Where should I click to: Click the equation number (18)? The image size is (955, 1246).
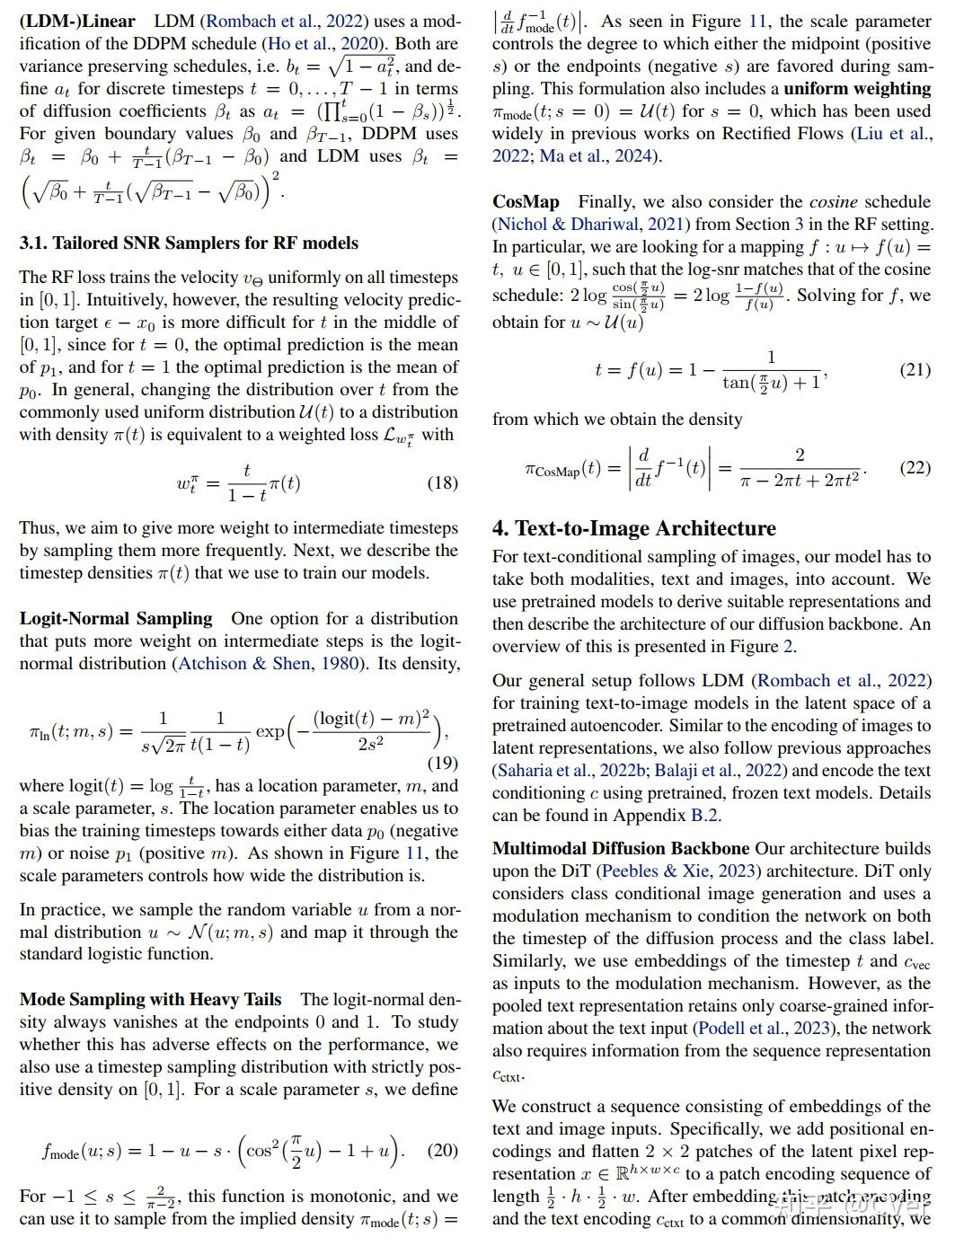442,482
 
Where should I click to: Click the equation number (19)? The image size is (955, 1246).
442,763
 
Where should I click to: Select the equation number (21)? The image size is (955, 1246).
915,369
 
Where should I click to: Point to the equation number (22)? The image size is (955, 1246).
915,468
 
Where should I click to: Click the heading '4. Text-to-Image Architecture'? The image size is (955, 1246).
633,528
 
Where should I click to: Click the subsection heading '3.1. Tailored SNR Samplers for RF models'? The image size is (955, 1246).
189,243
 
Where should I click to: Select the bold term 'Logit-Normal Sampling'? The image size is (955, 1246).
116,618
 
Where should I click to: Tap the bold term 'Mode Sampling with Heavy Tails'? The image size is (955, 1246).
150,999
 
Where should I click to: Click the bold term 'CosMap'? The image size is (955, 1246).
526,201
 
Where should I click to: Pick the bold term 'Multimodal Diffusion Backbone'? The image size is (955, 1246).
621,848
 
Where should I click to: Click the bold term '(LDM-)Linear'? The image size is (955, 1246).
77,21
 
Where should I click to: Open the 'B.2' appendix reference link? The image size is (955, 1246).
703,815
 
